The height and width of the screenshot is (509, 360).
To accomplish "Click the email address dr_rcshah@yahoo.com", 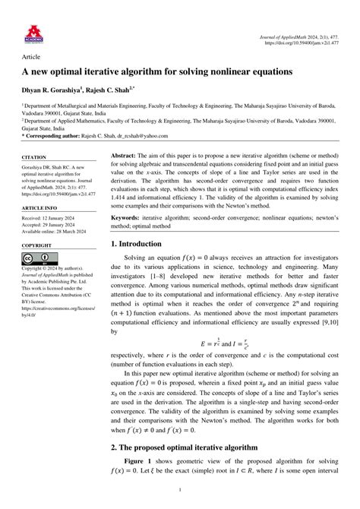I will (165, 135).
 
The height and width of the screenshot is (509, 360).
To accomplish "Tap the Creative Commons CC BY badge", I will (38, 258).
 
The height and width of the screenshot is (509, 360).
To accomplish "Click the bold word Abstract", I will (123, 154).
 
